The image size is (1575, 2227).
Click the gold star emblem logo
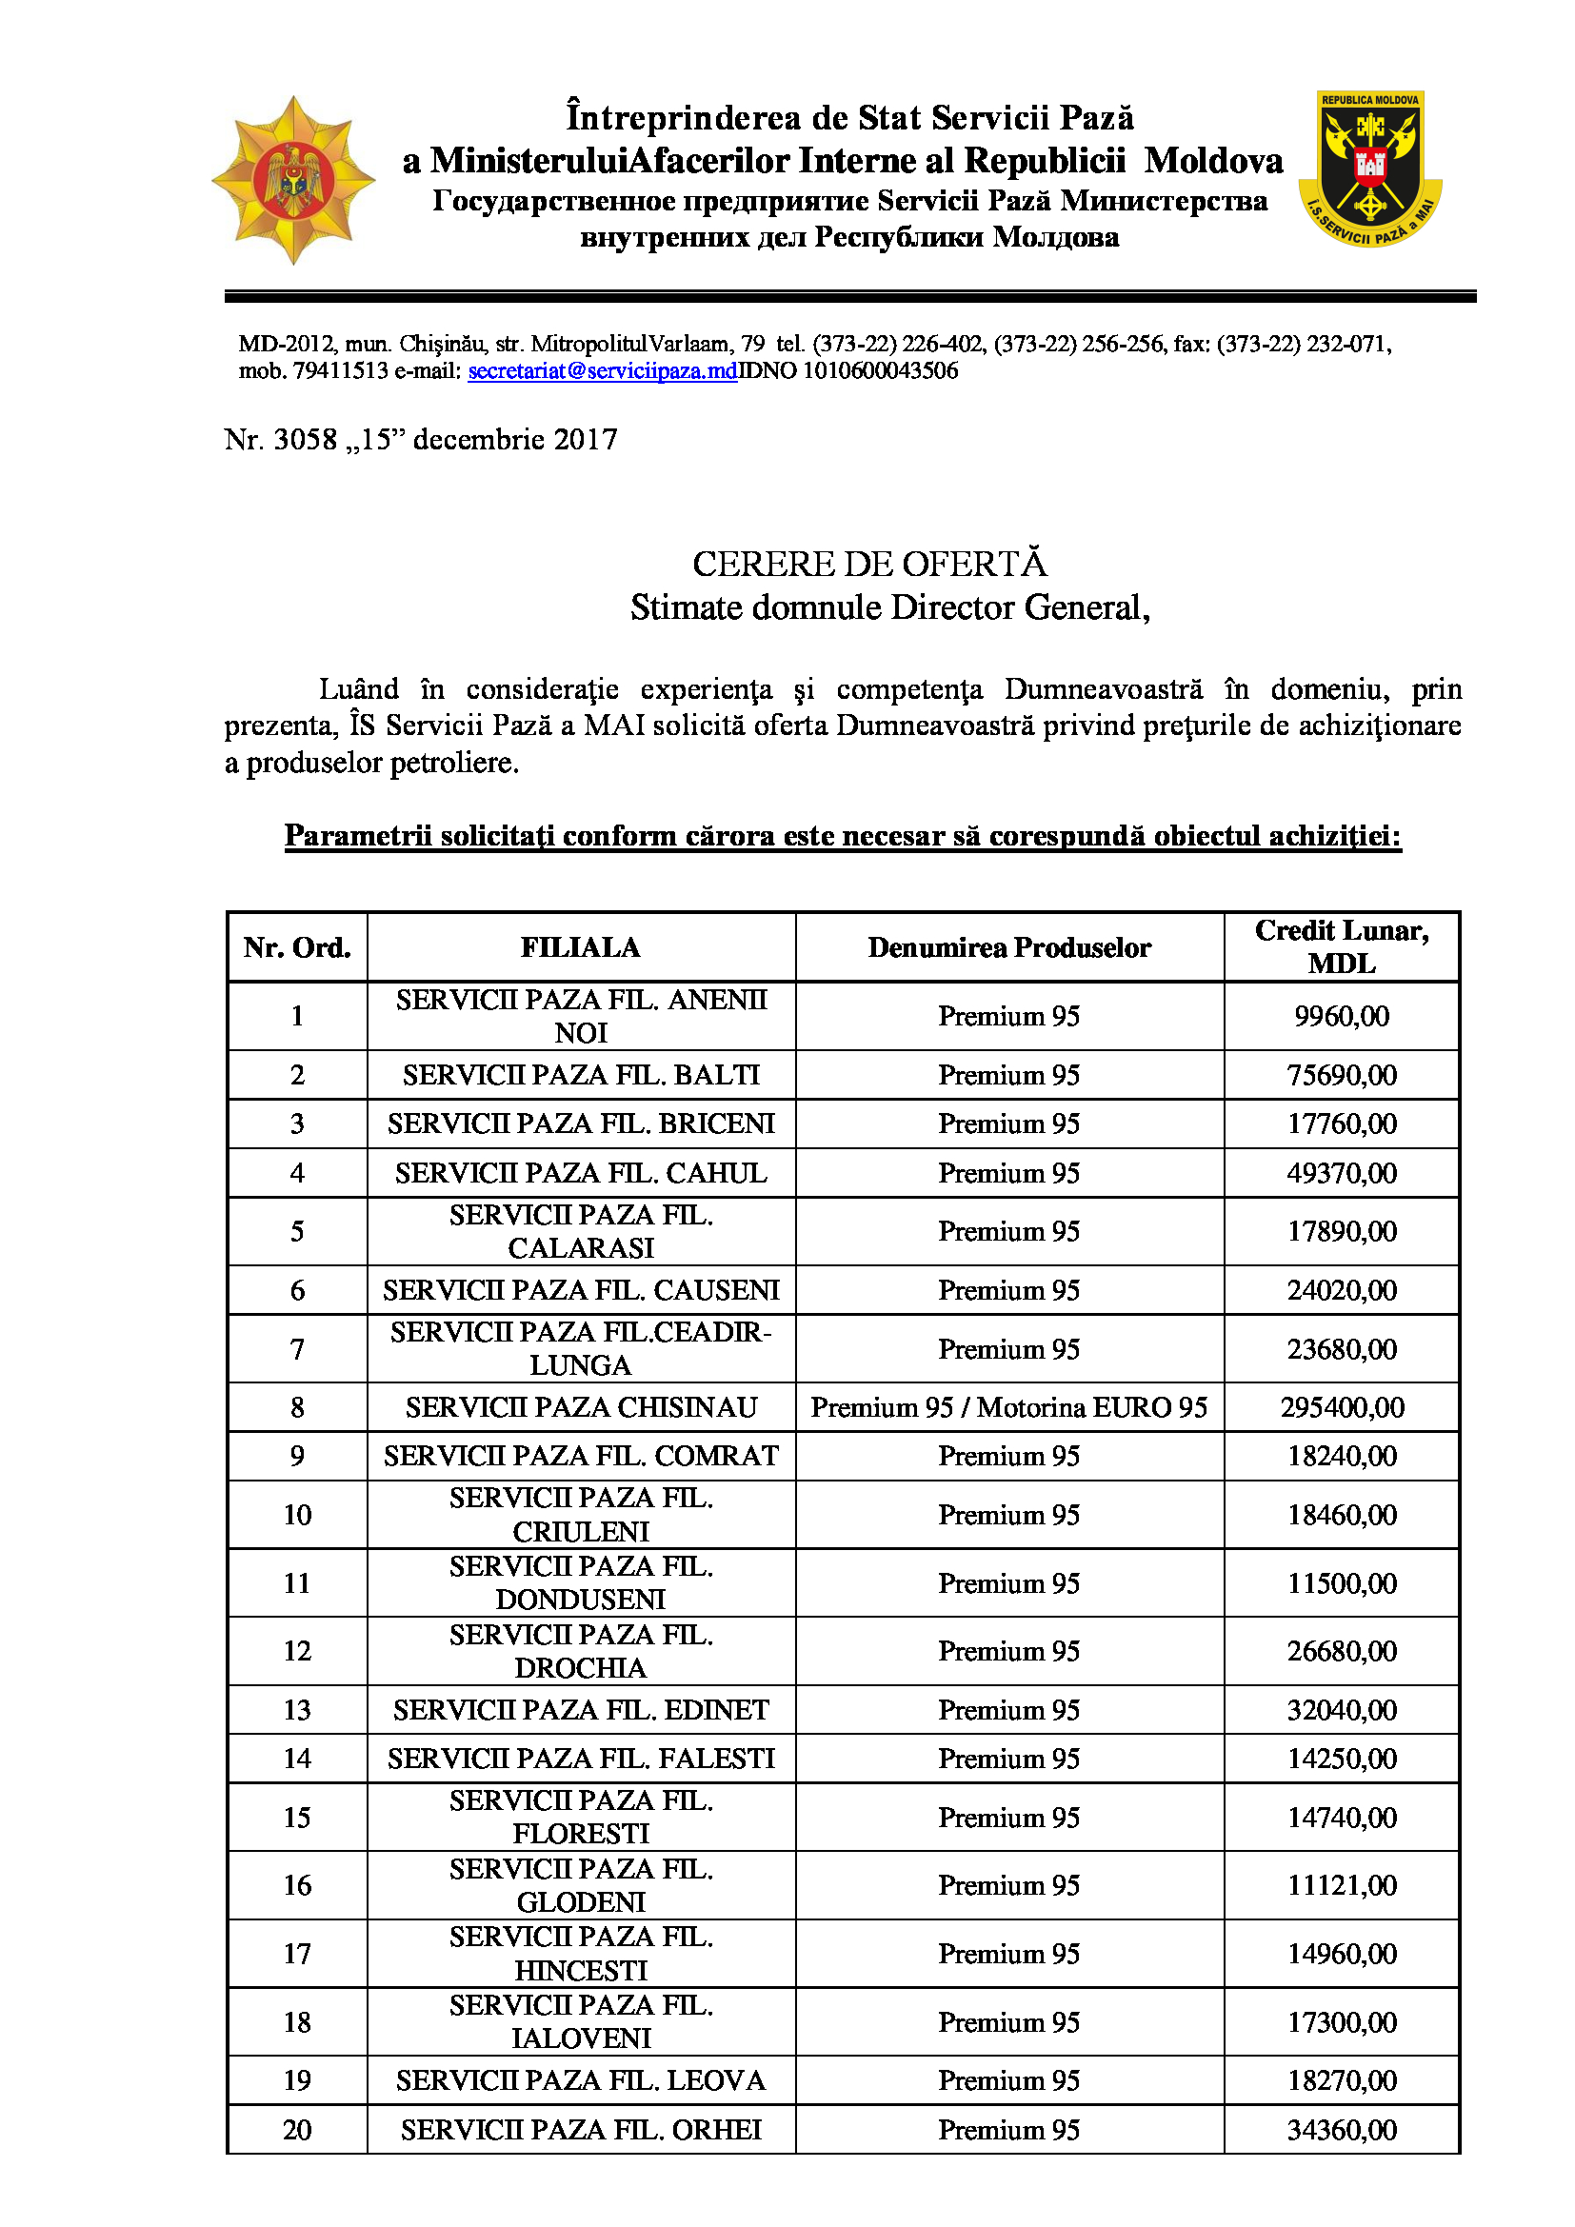[x=293, y=180]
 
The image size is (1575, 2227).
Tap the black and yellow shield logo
[x=1369, y=169]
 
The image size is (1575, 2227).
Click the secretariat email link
[x=602, y=370]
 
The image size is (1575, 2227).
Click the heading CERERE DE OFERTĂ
[x=869, y=564]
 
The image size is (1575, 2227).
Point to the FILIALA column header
[x=580, y=947]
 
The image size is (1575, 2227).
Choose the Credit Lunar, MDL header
[x=1342, y=946]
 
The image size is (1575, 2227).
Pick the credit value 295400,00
[x=1342, y=1407]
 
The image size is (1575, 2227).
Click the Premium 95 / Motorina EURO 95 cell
[x=1008, y=1407]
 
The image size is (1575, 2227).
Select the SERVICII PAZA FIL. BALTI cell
[x=580, y=1075]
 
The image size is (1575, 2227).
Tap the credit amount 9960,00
[x=1342, y=1016]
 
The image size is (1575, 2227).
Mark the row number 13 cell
[x=297, y=1710]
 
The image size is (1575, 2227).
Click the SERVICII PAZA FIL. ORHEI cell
[x=580, y=2130]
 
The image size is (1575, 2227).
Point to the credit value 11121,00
[x=1342, y=1884]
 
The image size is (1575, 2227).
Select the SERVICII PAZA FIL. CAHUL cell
[x=580, y=1173]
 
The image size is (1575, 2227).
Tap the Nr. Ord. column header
[x=297, y=947]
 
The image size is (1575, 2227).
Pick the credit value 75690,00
[x=1342, y=1075]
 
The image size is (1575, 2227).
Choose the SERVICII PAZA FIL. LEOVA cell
[x=580, y=2080]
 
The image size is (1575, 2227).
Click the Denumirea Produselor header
[x=1008, y=947]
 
